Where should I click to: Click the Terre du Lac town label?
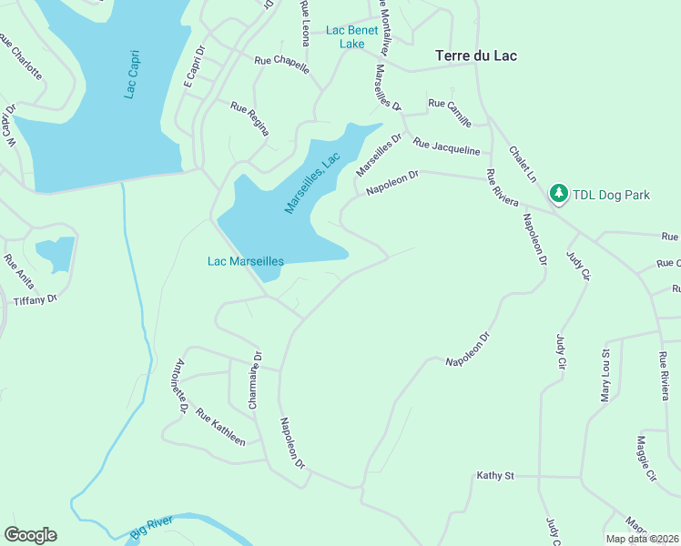point(476,56)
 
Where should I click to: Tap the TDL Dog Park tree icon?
point(558,194)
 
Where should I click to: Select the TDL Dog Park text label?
point(611,195)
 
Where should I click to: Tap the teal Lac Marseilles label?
point(246,261)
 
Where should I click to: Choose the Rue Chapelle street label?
point(281,65)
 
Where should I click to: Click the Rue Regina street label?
point(249,118)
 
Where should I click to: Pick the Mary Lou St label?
point(604,374)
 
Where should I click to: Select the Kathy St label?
point(496,475)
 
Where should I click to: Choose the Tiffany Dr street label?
point(35,299)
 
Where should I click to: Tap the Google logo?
point(30,534)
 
